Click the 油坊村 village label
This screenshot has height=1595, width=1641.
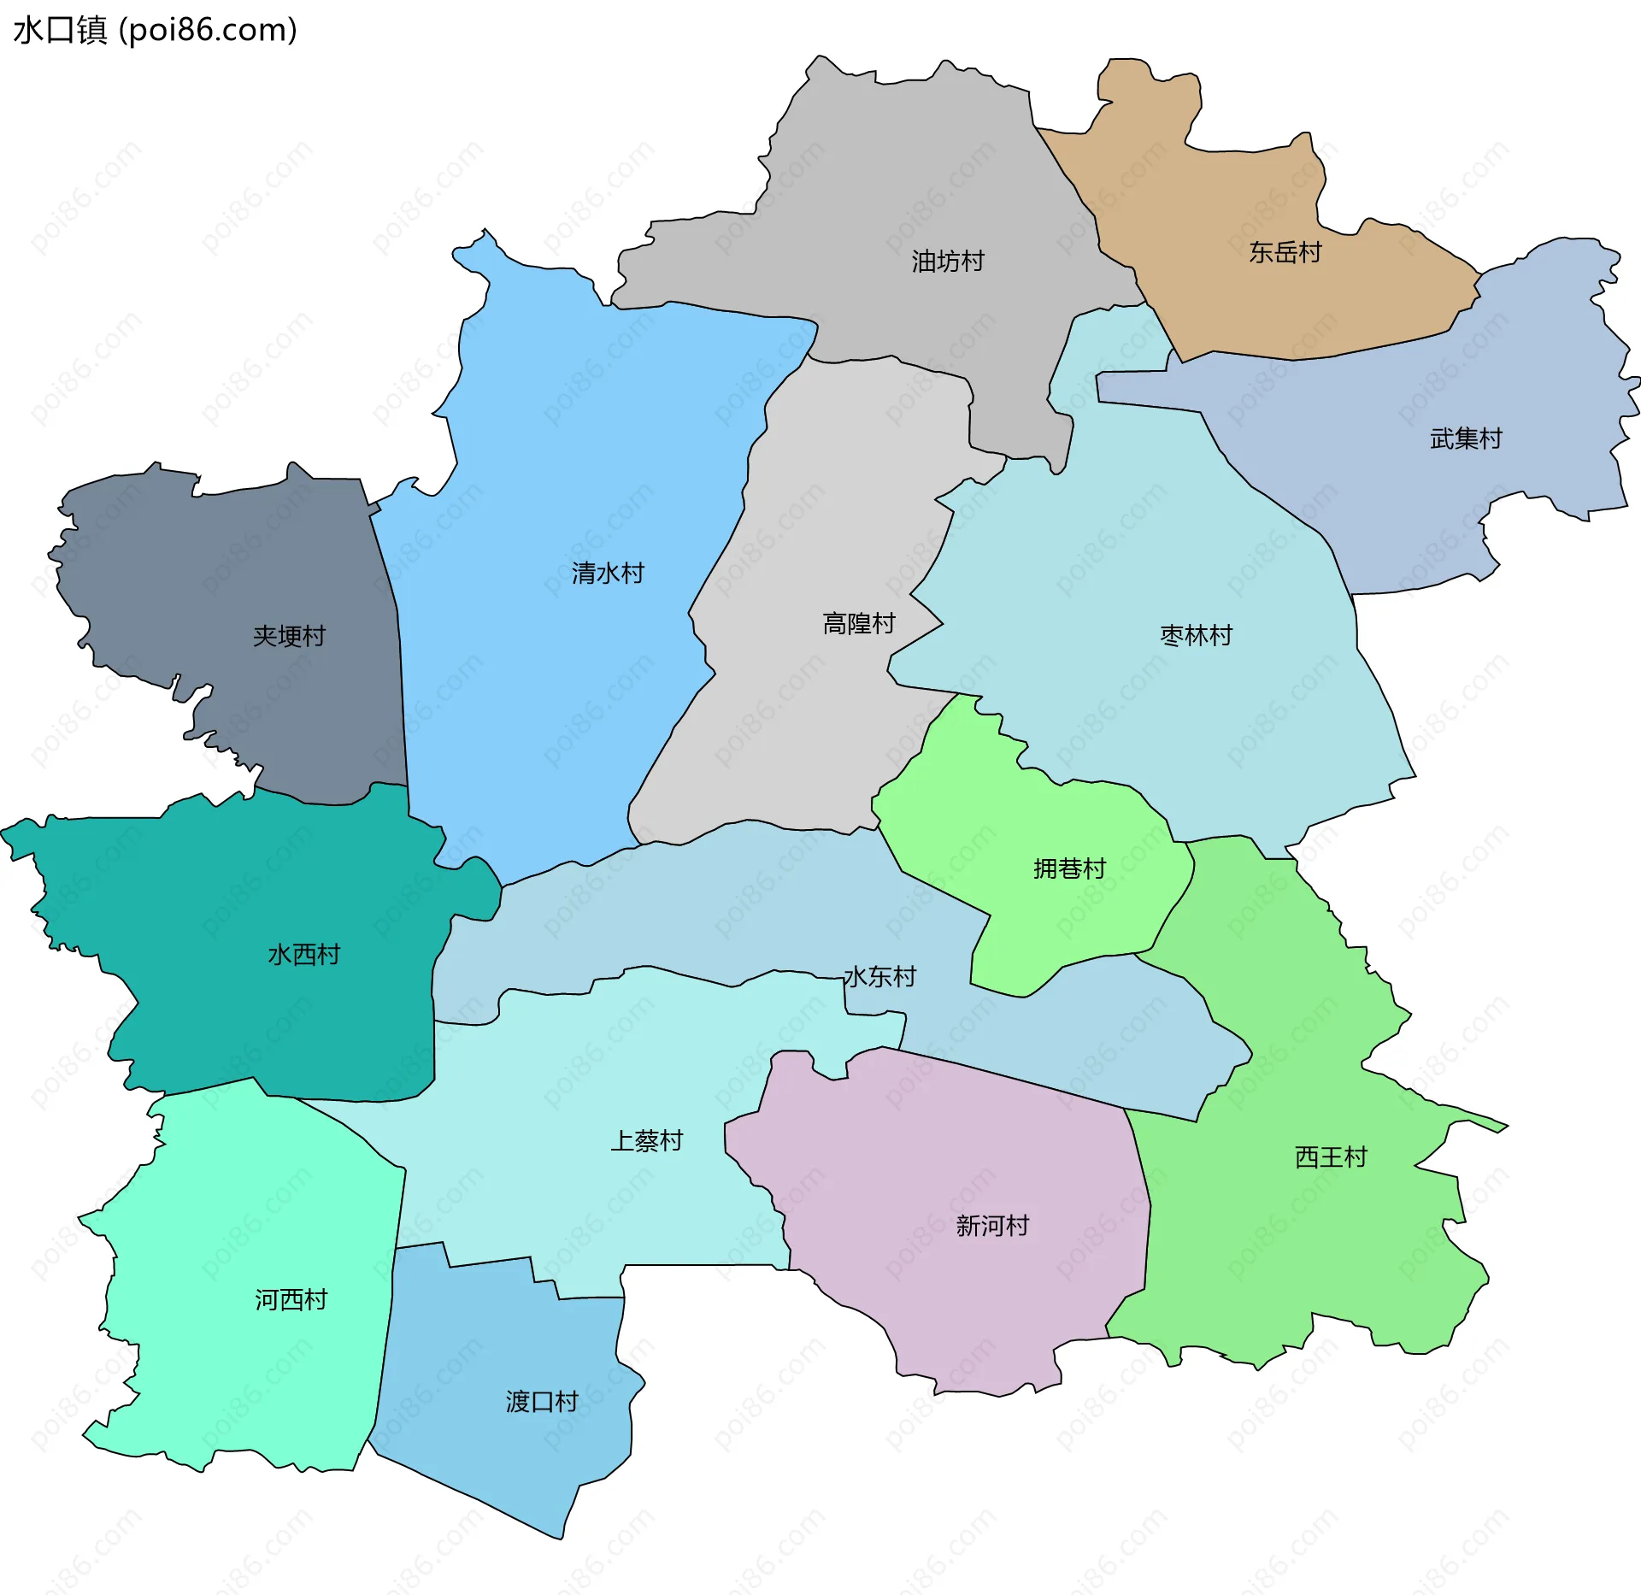point(947,261)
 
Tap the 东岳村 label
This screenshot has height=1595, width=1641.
point(1285,252)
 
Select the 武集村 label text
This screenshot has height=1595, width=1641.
point(1466,438)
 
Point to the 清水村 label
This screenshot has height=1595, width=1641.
point(608,573)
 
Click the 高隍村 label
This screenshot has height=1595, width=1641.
point(858,623)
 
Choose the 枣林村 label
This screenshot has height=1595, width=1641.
point(1196,635)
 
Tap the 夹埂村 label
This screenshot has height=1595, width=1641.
point(289,636)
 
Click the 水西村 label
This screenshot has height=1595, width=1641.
point(303,954)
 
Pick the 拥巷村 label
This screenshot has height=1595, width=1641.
point(1069,868)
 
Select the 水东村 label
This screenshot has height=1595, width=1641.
point(879,976)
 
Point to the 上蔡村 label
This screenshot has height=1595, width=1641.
point(646,1140)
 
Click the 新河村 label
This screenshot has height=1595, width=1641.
point(992,1226)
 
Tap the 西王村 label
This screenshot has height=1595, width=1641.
point(1331,1157)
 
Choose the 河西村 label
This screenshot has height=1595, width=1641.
point(291,1299)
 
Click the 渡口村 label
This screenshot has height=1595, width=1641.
point(542,1402)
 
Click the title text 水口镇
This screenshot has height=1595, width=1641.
point(60,30)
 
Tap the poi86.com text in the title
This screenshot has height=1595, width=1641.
point(208,30)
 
